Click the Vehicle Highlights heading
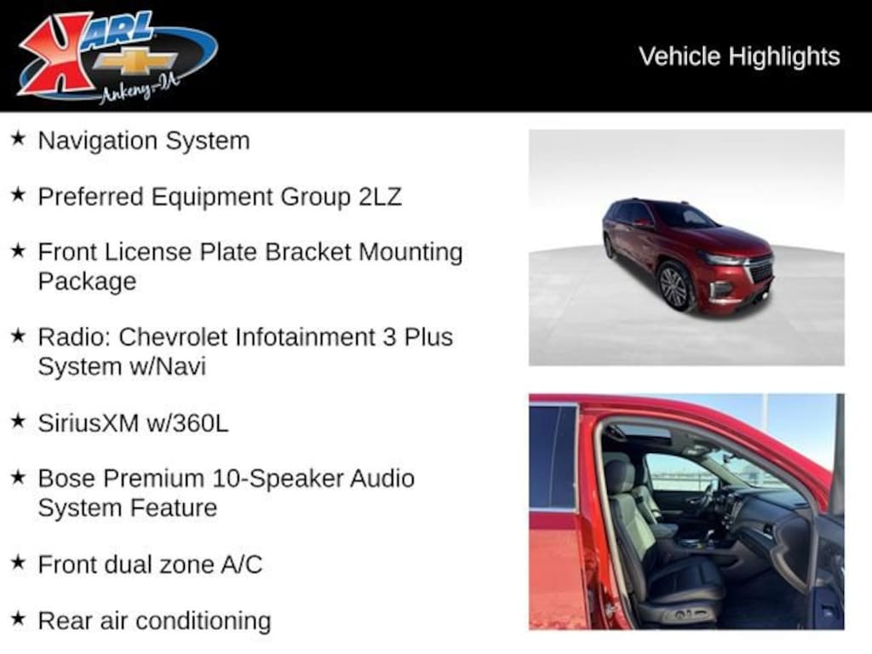739,56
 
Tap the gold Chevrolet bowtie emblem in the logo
135,60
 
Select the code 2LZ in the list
376,197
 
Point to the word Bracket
310,252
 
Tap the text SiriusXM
87,422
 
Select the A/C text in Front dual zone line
241,564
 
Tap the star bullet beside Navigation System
18,139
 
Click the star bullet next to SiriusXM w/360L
18,421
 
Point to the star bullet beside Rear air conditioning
18,618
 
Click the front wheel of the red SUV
674,286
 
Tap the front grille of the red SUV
760,270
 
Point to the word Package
87,281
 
